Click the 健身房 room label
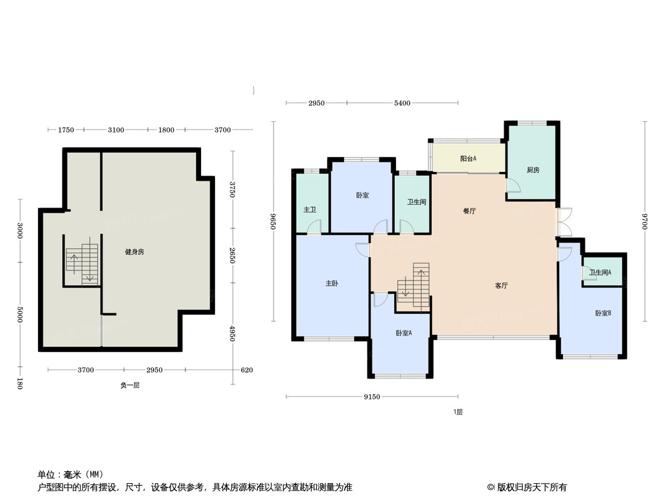click(134, 252)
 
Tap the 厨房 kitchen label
click(533, 170)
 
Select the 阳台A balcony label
click(468, 159)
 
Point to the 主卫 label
click(310, 210)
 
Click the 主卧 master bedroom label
click(332, 283)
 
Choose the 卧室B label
click(603, 313)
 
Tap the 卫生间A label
click(600, 272)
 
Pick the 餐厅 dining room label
click(469, 211)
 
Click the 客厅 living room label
click(501, 286)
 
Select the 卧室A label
click(404, 333)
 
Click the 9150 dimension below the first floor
click(372, 397)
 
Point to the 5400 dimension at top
click(402, 102)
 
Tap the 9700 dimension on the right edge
click(644, 221)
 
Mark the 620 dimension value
click(247, 370)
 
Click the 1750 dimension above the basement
click(66, 130)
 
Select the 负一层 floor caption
click(129, 385)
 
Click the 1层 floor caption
click(458, 412)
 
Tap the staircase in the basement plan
click(82, 264)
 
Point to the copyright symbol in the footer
click(490, 487)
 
